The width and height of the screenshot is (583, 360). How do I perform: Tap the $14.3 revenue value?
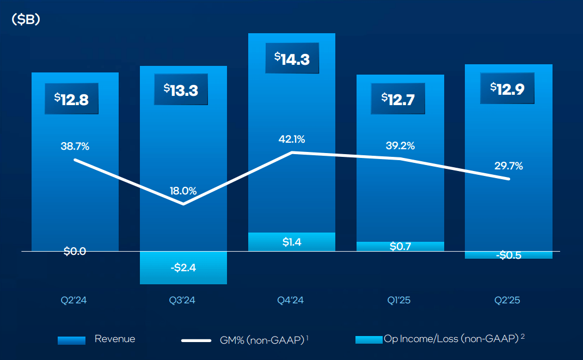point(292,58)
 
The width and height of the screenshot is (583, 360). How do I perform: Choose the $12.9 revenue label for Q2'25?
point(507,88)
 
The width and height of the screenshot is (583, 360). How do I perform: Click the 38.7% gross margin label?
point(75,146)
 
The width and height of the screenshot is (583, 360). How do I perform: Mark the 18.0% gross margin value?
point(183,191)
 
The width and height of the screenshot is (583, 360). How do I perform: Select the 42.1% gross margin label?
point(291,139)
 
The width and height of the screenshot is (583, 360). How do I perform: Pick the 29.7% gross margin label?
point(508,166)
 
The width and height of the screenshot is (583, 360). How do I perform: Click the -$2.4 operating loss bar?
point(183,267)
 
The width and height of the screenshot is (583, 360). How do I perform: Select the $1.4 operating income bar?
point(292,242)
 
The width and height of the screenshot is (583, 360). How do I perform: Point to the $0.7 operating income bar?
point(400,246)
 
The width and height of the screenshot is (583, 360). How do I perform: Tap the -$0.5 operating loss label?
point(509,255)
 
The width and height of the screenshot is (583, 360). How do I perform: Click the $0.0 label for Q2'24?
point(75,251)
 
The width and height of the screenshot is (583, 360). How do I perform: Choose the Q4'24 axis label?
point(291,300)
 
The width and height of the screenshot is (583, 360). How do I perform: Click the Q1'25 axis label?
point(400,300)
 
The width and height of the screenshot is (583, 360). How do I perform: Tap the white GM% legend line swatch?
point(196,340)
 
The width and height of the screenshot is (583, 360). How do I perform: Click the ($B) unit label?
point(26,19)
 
